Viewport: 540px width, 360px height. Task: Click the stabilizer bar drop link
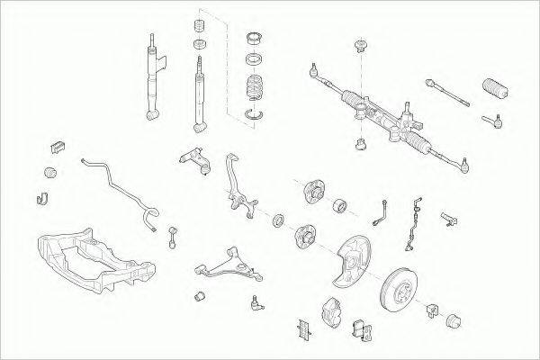click(x=170, y=238)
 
